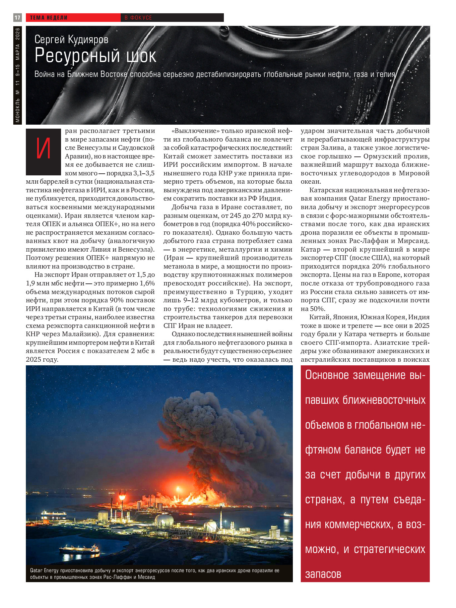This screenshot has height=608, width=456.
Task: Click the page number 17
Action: (17, 18)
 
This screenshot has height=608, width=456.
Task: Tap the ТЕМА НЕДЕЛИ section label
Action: (49, 18)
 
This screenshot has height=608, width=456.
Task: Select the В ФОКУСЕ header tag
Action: (138, 18)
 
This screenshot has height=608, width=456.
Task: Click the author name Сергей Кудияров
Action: (71, 39)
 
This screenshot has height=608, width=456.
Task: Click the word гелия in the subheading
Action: (385, 74)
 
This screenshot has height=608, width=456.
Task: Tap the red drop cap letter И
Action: (43, 150)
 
